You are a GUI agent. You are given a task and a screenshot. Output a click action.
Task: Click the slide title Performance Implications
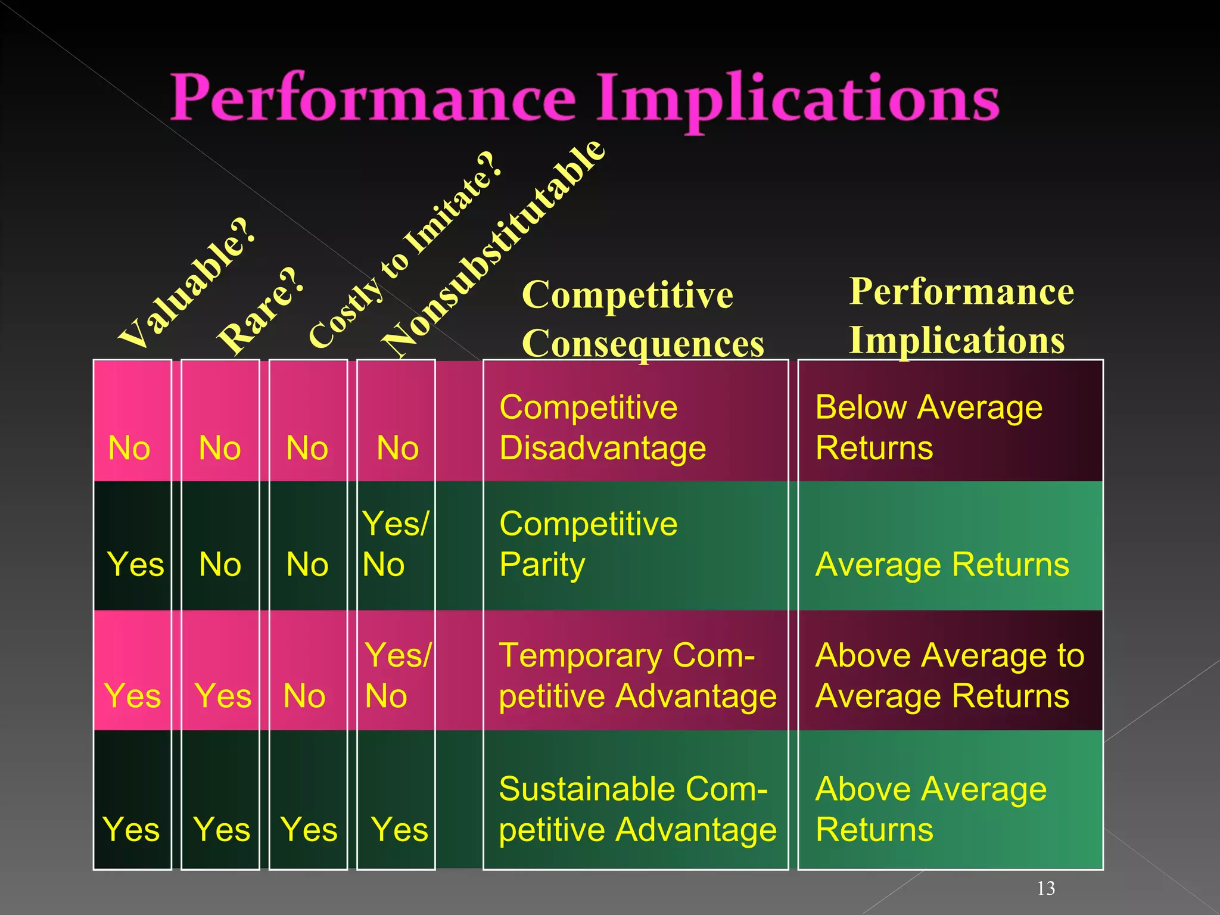pos(585,97)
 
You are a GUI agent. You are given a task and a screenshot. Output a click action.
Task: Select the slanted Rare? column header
pos(260,311)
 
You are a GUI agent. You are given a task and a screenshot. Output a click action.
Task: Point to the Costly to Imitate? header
pos(405,250)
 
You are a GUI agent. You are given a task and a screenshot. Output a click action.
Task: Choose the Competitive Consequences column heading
pos(642,319)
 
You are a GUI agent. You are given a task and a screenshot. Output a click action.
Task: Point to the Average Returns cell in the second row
pos(942,564)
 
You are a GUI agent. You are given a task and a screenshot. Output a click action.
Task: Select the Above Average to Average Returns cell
pos(950,676)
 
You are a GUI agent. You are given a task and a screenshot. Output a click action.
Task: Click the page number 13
pos(1045,888)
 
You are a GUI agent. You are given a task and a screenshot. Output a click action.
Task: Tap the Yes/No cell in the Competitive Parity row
pos(394,544)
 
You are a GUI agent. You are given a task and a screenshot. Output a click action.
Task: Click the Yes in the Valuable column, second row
pos(135,564)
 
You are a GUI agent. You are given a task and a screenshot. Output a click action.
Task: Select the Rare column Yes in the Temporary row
pos(223,695)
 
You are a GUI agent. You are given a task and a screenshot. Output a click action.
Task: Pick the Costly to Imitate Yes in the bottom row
pos(309,829)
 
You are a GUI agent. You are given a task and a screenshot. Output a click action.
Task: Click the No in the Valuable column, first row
pos(129,448)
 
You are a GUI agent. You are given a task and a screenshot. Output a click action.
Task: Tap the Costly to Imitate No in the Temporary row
pos(304,695)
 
